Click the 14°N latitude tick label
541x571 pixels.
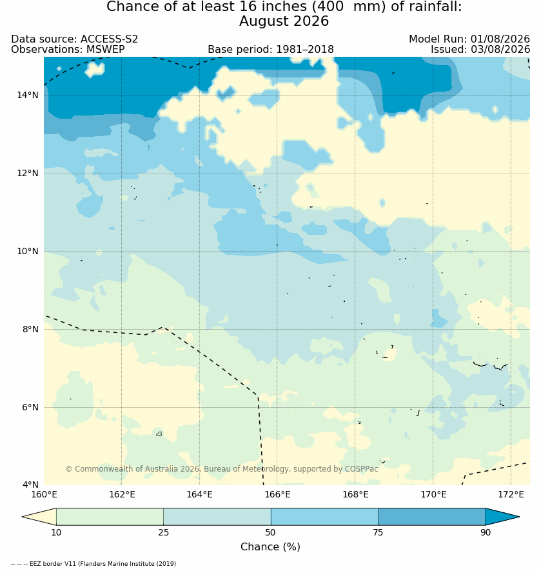pos(27,95)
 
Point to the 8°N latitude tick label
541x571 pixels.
pos(27,329)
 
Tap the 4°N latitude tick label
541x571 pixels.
pos(27,485)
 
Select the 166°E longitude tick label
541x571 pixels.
pos(277,494)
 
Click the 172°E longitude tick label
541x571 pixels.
pos(511,494)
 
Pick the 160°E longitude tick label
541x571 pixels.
pos(44,494)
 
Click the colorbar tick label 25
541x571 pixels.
pos(164,532)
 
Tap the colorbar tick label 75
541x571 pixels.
pos(378,532)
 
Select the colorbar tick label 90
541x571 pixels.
pos(486,532)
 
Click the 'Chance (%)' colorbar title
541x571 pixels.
pos(270,546)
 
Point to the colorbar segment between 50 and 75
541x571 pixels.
pos(324,517)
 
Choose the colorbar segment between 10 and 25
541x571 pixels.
pos(110,517)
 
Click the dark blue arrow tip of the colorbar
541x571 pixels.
pos(518,517)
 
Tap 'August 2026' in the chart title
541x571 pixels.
pos(284,21)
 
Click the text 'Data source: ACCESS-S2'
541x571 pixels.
pos(75,39)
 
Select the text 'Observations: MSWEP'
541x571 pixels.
pos(68,50)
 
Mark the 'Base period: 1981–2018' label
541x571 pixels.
pos(271,50)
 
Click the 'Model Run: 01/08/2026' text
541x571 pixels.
pos(469,39)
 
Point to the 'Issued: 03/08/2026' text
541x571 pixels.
pos(480,50)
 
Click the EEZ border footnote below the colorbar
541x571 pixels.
pos(93,564)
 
